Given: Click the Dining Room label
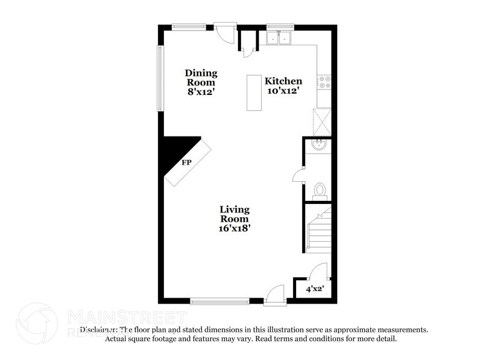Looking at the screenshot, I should (x=201, y=77).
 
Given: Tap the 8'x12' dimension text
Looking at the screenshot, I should (x=201, y=92).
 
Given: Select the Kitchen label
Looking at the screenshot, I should (x=283, y=81).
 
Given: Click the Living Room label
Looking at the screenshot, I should (x=234, y=214).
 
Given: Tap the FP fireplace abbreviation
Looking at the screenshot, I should (x=185, y=163).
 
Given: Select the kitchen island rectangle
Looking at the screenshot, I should (x=255, y=92).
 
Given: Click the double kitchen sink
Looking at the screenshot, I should (x=280, y=38).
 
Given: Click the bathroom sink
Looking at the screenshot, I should (x=318, y=146).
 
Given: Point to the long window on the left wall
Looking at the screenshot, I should (x=160, y=78).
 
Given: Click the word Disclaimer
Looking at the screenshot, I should (x=97, y=329).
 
